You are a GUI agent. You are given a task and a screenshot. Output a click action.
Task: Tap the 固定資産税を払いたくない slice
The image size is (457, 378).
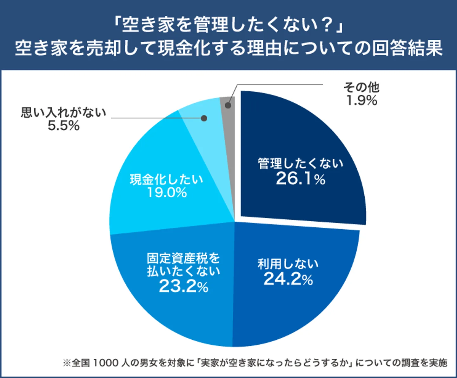tap(178, 314)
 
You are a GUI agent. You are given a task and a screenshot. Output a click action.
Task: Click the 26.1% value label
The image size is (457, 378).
tap(301, 179)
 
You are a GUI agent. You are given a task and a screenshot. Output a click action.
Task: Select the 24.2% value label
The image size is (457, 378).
tap(288, 279)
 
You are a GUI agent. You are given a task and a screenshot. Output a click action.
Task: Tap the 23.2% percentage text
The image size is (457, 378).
tap(183, 286)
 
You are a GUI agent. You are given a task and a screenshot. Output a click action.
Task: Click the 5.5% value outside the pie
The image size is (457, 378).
tap(63, 126)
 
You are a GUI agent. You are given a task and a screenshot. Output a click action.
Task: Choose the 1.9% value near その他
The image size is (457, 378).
tap(361, 101)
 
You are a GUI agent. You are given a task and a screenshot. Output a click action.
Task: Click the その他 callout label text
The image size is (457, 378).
tap(361, 87)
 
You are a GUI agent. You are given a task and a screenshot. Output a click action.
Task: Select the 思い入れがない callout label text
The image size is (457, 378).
tap(63, 113)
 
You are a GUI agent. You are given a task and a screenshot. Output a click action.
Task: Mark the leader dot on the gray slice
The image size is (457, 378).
tap(228, 105)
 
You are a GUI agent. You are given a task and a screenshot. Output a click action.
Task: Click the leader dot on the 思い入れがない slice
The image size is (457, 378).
tap(204, 118)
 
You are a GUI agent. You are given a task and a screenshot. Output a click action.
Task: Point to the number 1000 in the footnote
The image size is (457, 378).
tap(106, 362)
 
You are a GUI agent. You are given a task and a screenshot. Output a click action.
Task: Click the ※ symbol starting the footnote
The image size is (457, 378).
tap(67, 363)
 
